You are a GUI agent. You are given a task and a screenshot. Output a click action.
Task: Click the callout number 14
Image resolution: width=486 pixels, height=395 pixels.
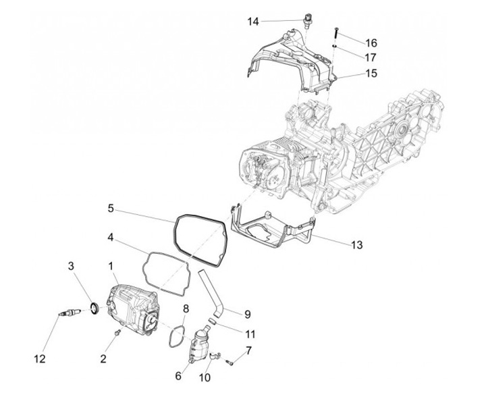click(252, 22)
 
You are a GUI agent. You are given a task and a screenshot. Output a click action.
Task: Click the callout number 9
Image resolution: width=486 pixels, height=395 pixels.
click(247, 314)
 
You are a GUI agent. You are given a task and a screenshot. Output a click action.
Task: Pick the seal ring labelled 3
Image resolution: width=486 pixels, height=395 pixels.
click(95, 309)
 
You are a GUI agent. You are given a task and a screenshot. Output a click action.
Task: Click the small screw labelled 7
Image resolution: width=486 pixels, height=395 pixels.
click(230, 362)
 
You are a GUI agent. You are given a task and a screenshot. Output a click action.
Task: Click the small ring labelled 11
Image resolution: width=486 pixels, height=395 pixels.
click(211, 322)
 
